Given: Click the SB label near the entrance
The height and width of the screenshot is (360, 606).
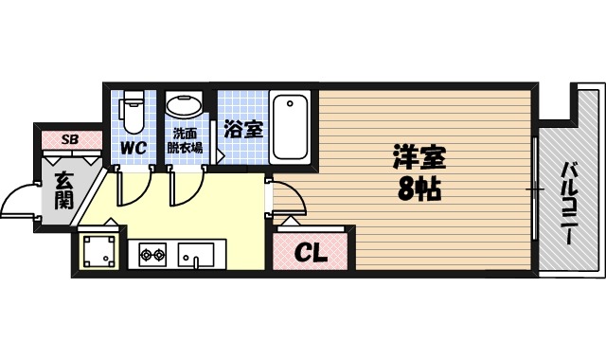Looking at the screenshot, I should click(69, 139).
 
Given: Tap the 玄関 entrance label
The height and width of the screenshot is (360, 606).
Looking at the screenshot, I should click(63, 189).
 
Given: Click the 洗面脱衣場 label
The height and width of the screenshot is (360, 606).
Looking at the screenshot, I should click(185, 140).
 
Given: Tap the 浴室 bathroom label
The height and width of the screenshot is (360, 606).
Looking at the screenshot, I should click(243, 130).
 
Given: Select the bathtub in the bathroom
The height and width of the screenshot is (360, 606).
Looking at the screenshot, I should click(292, 126).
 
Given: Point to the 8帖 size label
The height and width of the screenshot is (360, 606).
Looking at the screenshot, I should click(419, 188).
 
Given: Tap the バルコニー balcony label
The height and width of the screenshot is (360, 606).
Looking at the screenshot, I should click(570, 203).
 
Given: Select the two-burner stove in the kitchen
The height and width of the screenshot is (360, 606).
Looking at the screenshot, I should click(152, 254).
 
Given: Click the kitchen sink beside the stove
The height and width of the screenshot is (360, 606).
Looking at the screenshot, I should click(199, 253).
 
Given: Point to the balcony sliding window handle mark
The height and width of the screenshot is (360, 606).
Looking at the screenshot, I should click(536, 190).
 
